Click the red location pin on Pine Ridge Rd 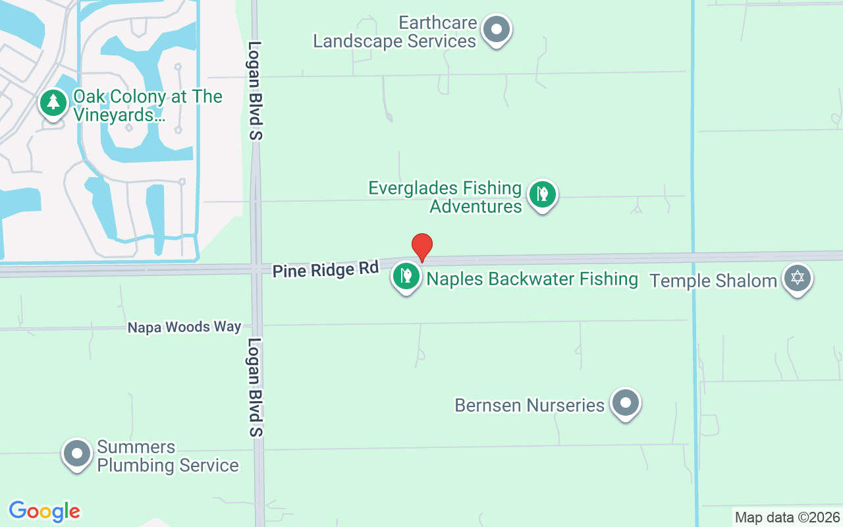pos(422,247)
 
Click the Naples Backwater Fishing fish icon pos(406,276)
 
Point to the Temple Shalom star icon pos(798,278)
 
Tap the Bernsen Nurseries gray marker pos(625,402)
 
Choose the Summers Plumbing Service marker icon pos(77,454)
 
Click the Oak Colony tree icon pos(53,103)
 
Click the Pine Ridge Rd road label pos(326,269)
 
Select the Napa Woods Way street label pos(184,327)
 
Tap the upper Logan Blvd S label pos(256,91)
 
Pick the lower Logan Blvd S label pos(256,387)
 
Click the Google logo pos(45,511)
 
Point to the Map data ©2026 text pos(787,518)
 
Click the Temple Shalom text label pos(713,281)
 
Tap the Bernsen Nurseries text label pos(530,404)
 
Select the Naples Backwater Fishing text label pos(532,279)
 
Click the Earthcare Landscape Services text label pos(394,32)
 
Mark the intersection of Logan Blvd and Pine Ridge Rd pos(256,269)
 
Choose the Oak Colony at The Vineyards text pos(148,105)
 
